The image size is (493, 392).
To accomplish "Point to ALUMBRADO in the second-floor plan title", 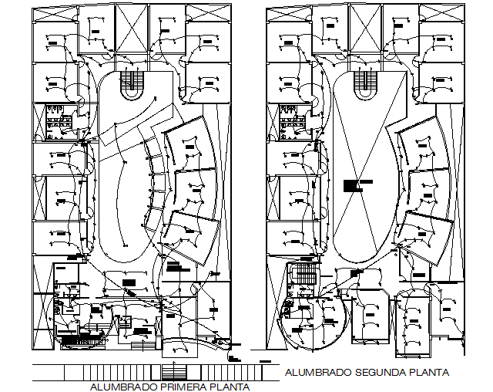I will click(x=317, y=372).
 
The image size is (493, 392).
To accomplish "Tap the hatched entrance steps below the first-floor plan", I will click(x=172, y=370).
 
